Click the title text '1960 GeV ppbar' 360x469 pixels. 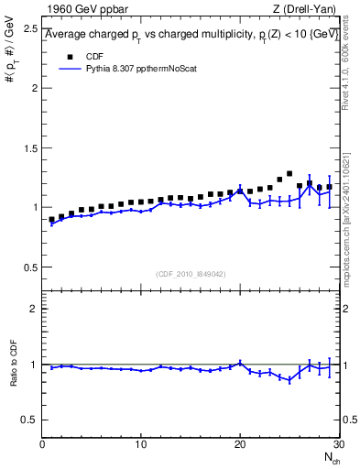coord(83,10)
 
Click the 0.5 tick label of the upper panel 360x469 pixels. coord(31,267)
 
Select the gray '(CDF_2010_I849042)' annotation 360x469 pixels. coord(191,273)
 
